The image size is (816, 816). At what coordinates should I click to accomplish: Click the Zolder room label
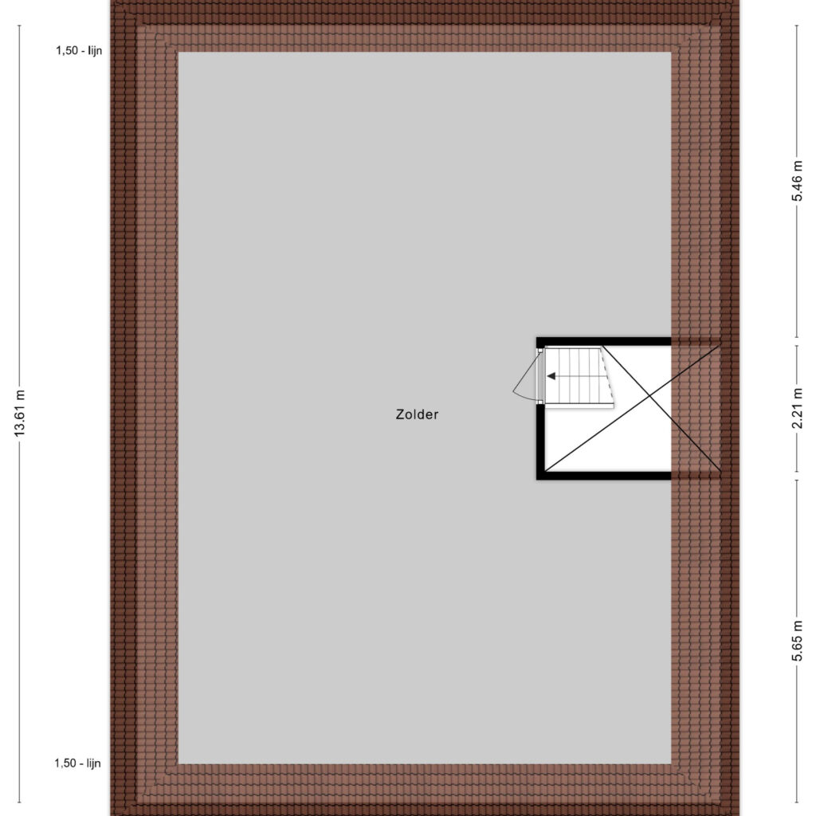pos(417,414)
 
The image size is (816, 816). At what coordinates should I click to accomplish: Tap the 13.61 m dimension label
pos(20,414)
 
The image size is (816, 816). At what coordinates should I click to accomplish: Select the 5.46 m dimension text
pos(797,181)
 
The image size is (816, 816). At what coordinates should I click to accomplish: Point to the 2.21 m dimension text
pos(797,409)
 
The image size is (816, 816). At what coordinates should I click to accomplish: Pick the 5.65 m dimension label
pos(797,641)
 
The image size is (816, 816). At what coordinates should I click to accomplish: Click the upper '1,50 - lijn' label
pos(79,50)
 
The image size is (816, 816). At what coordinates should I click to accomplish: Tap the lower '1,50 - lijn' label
pos(77,763)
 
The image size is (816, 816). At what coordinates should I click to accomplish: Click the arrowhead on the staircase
pos(551,376)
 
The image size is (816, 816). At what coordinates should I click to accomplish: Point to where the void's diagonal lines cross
pos(649,396)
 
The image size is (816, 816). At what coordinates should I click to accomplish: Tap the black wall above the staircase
pos(604,342)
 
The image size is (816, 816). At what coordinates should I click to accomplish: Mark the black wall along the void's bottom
pos(604,476)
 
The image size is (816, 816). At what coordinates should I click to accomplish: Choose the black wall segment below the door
pos(540,441)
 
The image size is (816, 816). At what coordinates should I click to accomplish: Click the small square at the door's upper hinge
pos(540,351)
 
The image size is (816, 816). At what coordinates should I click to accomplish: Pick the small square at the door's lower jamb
pos(540,402)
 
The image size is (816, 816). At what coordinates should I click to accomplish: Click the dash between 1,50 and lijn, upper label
pos(80,51)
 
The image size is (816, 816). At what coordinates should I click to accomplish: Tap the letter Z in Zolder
pos(400,414)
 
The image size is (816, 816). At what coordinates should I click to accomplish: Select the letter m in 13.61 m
pos(21,392)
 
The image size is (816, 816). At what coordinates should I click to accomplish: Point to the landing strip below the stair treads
pos(579,406)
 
